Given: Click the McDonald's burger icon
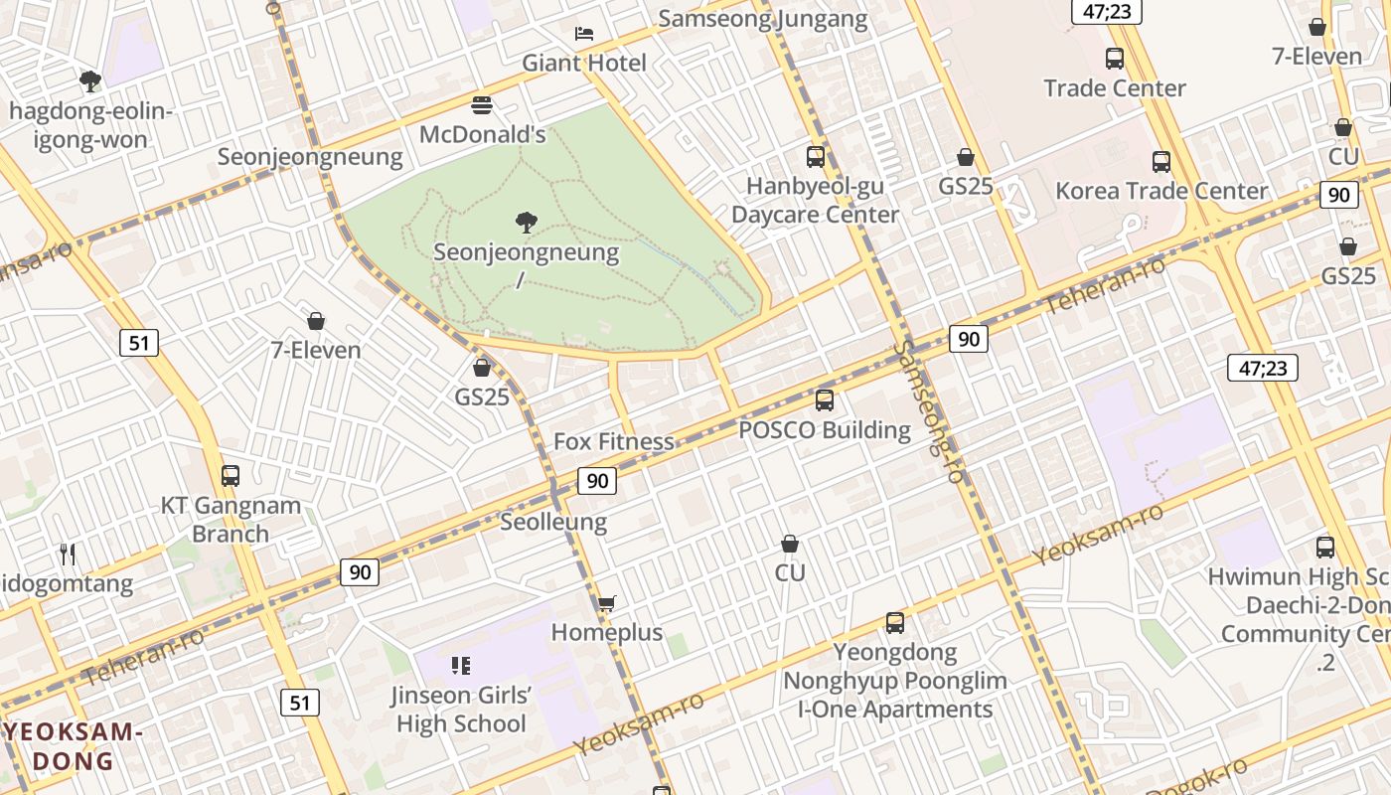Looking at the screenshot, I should pos(482,104).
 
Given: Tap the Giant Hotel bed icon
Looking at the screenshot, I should pos(584,34).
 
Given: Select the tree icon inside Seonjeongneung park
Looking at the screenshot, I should pos(527,223).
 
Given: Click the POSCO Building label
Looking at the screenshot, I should pos(825,430).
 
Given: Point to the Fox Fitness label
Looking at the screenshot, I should pos(613,441).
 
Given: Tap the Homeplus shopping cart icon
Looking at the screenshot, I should pos(607,603).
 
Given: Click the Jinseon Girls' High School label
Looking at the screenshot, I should pos(461,710).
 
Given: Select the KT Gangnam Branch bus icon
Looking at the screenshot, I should pos(231,476).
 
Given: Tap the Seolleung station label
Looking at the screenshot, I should pos(553,522).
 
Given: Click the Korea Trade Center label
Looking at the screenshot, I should pos(1161,191).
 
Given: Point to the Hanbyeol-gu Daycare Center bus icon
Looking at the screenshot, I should pos(816,156).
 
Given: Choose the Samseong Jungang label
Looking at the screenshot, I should pos(763,18).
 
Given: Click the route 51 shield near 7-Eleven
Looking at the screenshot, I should pos(139,344).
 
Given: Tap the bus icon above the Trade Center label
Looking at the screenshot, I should pos(1115,59).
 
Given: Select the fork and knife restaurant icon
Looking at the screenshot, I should pos(68,554).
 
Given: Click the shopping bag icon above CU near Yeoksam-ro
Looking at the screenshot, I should pos(790,544).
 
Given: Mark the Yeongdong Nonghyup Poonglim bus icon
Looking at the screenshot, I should pos(895,623).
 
